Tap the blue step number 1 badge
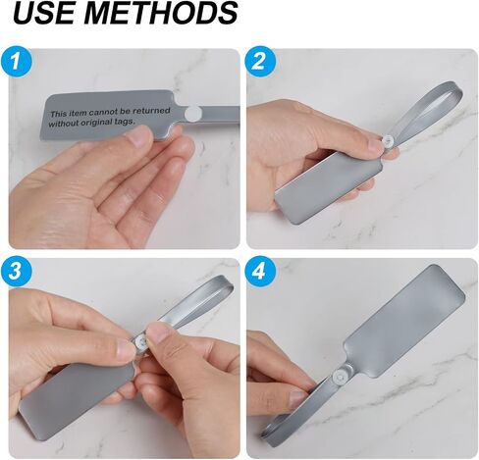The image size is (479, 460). coord(16,62)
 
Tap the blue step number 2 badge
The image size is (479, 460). coord(260,62)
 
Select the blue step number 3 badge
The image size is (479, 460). coord(16,271)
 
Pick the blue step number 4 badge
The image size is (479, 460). coord(260,271)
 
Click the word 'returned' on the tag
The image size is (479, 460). coord(151,111)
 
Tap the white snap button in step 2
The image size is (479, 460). coord(388,141)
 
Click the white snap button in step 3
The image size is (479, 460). coord(141,342)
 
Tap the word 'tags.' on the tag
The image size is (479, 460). coord(125,122)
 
